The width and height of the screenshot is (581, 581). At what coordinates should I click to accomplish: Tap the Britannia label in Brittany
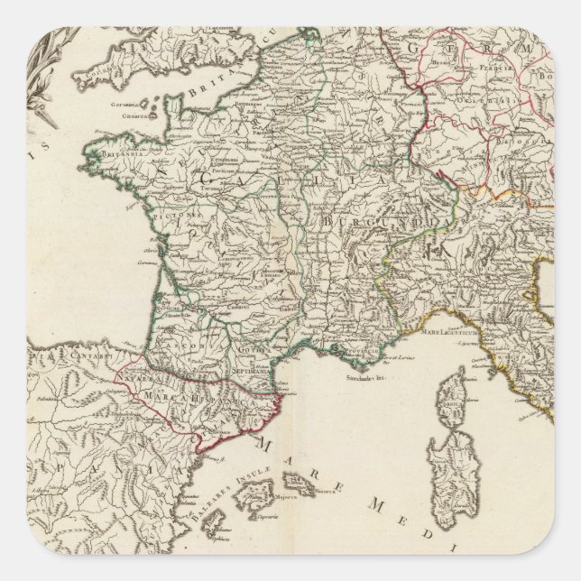point(106,153)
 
